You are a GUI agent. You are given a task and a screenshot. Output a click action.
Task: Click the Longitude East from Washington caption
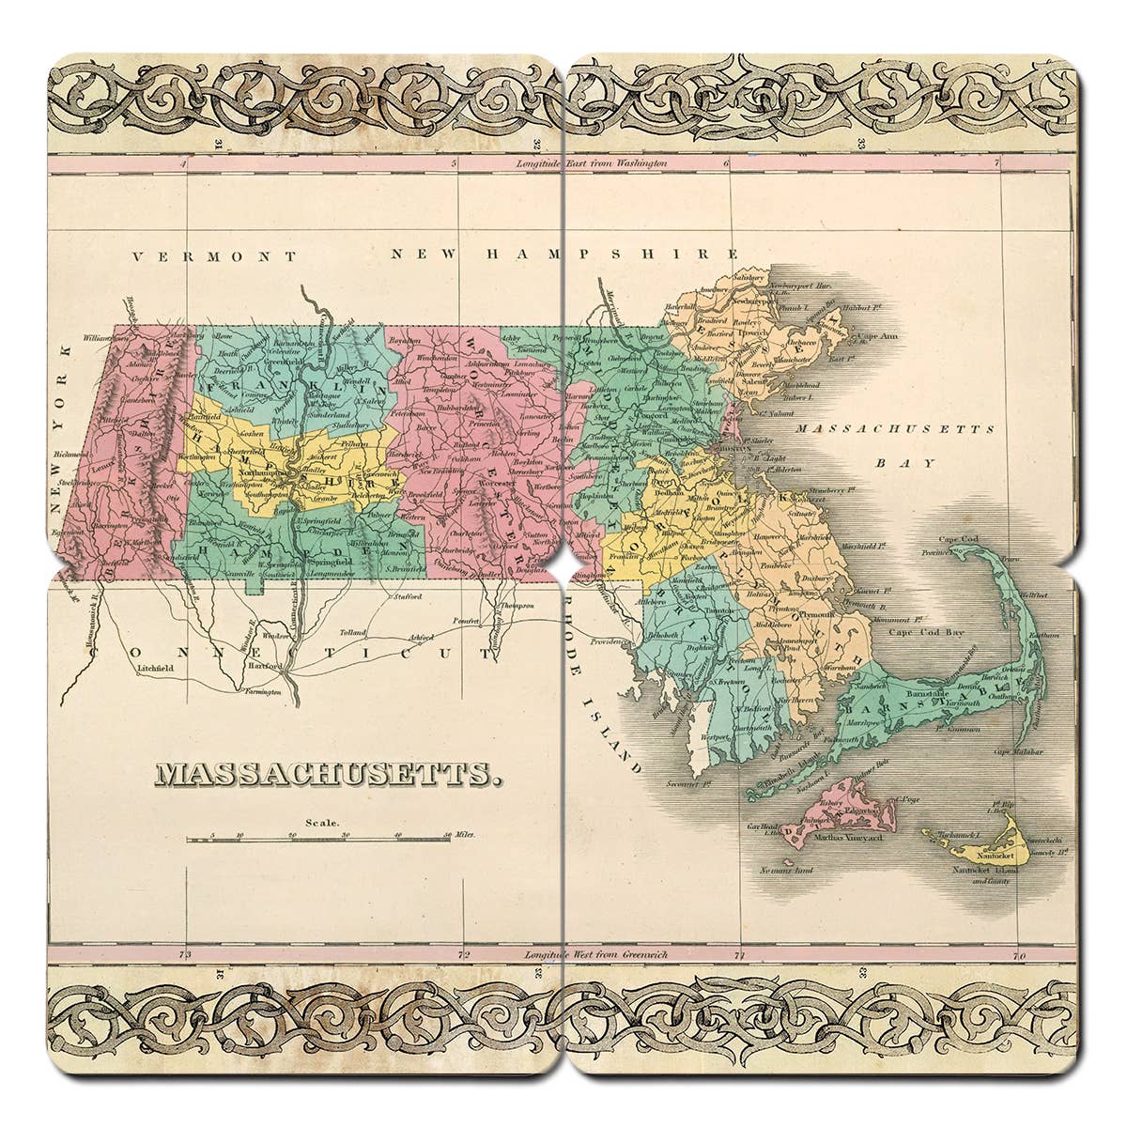[x=591, y=163]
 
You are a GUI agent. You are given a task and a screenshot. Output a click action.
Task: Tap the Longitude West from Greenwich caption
[x=592, y=954]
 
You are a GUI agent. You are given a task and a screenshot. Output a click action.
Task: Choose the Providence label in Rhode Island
[x=611, y=641]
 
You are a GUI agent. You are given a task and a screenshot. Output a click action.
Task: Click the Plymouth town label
[x=816, y=613]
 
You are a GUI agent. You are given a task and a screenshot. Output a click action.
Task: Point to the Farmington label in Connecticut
[x=256, y=691]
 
